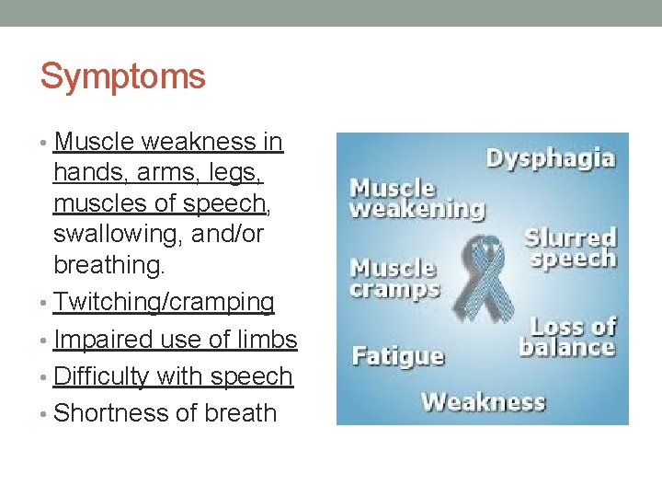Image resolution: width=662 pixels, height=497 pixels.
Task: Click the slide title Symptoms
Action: pos(122,76)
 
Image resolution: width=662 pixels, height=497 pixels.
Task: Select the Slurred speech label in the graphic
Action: pos(570,248)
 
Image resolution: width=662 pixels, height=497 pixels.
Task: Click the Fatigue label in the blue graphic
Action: pos(397,355)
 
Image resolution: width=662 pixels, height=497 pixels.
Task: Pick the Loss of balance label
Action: pos(566,337)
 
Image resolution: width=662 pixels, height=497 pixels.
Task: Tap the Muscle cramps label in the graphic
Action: pos(394,278)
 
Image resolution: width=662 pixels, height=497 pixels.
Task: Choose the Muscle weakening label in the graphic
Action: pos(416,199)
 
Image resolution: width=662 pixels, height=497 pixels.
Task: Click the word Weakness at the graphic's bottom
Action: pos(483,402)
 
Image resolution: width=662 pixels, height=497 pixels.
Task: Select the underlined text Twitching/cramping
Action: pos(164,302)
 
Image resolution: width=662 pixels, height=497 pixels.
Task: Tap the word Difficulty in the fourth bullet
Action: pos(101,376)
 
